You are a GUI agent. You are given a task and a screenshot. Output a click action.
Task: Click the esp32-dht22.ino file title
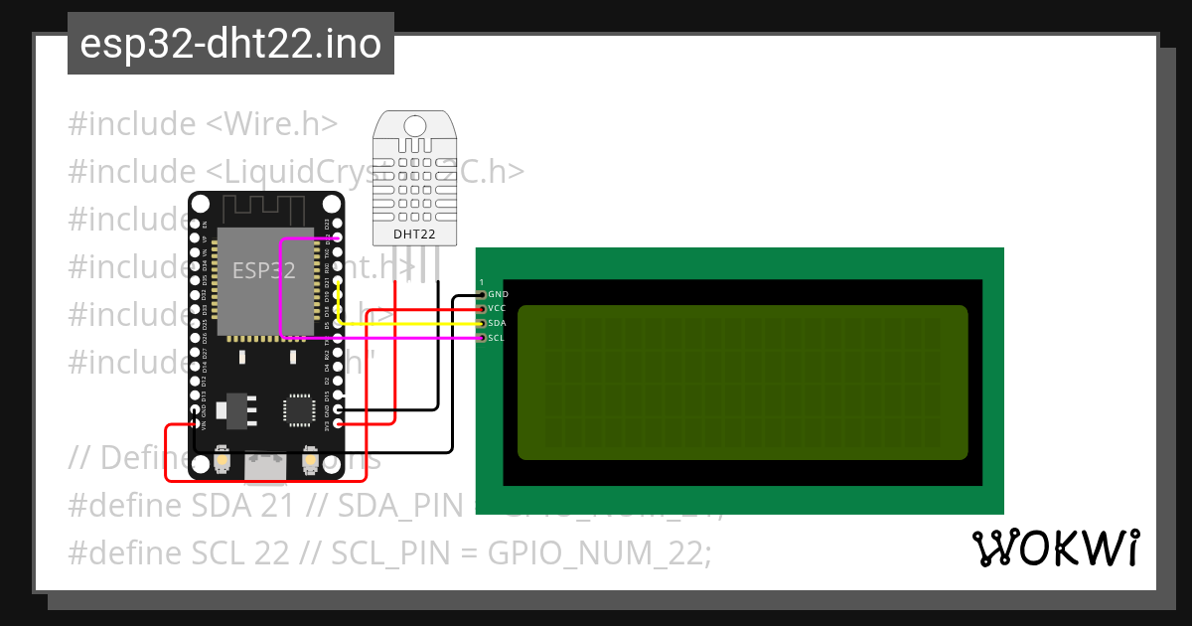(230, 45)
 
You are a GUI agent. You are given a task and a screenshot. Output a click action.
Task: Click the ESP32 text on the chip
(263, 270)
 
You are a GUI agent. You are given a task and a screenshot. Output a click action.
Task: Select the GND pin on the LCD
(482, 295)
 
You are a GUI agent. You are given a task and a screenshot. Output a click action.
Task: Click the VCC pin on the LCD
(482, 309)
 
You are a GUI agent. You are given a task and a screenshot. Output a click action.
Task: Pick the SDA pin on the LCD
(482, 324)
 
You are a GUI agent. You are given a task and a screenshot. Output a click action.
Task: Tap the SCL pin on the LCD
(482, 338)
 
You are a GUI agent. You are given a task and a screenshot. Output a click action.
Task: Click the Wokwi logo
(1055, 548)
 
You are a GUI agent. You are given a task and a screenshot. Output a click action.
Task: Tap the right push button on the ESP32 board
(308, 461)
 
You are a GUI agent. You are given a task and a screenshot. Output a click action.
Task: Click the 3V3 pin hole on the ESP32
(340, 424)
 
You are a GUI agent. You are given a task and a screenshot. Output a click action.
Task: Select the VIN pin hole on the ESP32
(193, 424)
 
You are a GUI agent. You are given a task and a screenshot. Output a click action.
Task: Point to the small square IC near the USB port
(297, 409)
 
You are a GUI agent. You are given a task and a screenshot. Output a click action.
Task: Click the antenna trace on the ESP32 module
(264, 210)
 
